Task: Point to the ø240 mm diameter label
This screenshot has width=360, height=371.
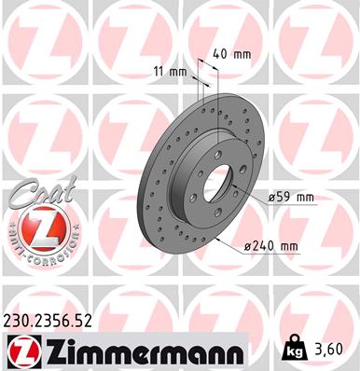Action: click(x=270, y=246)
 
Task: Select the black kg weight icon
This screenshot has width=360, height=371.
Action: click(x=293, y=350)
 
